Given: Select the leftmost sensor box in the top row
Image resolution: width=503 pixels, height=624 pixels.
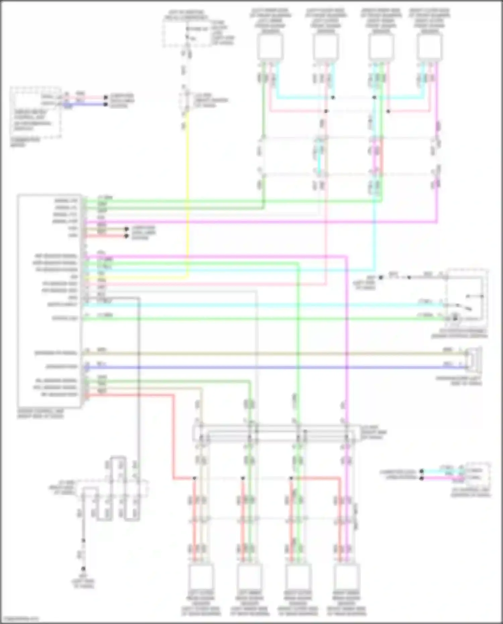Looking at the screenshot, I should pos(270,47).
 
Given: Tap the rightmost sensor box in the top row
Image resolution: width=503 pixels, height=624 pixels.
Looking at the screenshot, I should pos(430,47).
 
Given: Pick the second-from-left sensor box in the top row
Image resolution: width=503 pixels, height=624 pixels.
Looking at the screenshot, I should pos(325,47).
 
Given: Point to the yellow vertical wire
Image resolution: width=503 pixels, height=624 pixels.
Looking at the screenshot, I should pos(187,194).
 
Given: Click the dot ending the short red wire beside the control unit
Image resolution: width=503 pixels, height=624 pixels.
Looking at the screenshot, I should pos(126,236).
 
